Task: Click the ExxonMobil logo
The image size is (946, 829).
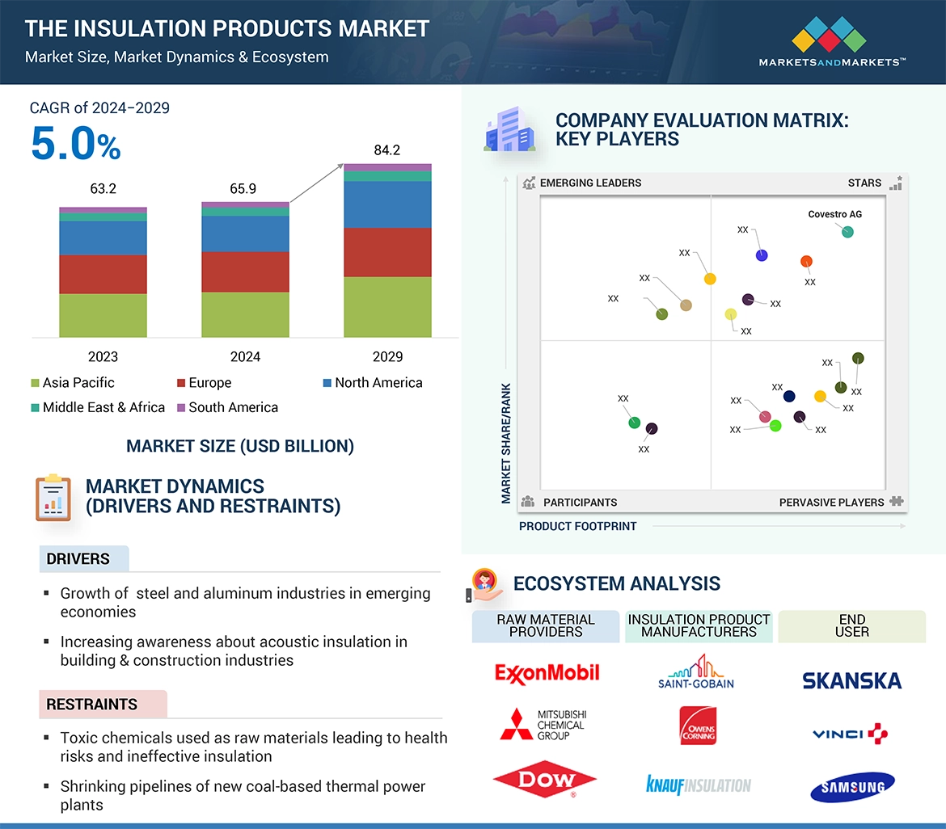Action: point(547,673)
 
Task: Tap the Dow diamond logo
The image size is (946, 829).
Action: point(544,781)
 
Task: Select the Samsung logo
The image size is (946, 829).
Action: point(852,786)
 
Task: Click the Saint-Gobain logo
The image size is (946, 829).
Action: point(696,671)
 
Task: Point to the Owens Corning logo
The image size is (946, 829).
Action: point(697,726)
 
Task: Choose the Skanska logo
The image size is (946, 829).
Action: point(851,681)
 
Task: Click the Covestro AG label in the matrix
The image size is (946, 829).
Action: point(835,215)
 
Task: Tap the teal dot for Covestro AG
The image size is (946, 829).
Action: point(847,232)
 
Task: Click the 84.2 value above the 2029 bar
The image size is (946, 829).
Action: point(386,150)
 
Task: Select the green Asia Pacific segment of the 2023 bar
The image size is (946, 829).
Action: point(103,315)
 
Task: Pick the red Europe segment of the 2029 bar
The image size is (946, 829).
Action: point(387,252)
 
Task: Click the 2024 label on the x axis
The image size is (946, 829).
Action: point(245,357)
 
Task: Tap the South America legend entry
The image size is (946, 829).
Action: point(233,408)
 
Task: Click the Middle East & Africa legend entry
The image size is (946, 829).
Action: point(103,408)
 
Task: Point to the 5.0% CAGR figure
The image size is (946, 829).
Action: point(75,145)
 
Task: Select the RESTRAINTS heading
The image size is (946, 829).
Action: point(91,705)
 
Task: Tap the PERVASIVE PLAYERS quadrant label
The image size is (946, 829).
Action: point(831,503)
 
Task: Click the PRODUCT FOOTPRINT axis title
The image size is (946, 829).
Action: point(577,527)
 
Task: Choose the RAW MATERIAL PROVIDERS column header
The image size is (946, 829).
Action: point(546,626)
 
